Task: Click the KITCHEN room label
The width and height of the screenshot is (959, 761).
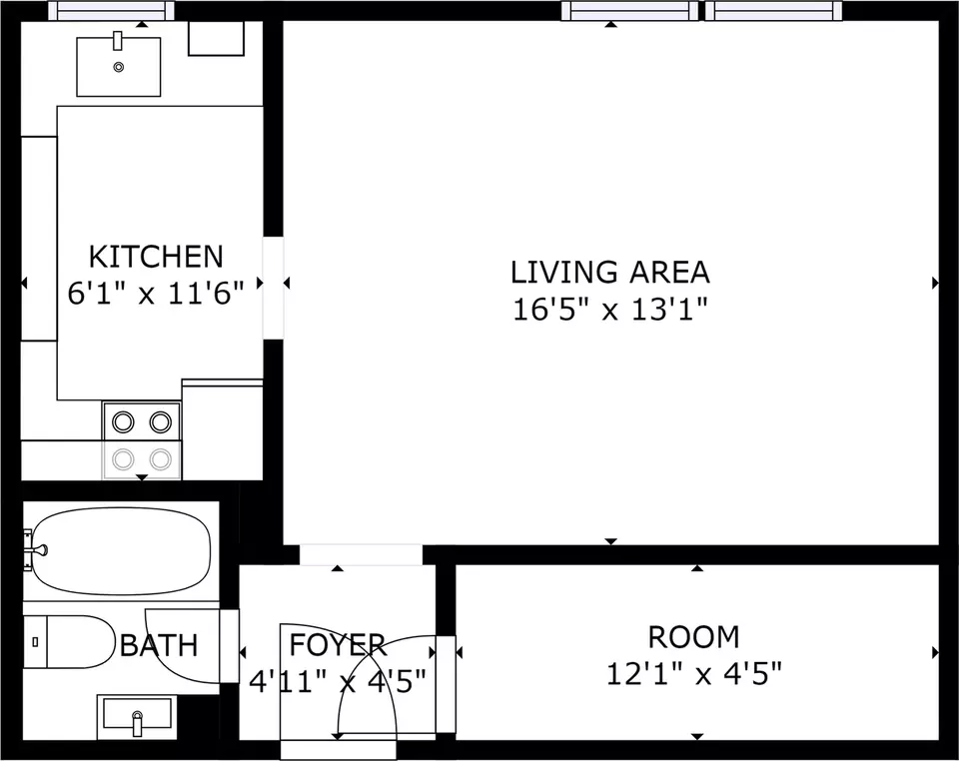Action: [156, 257]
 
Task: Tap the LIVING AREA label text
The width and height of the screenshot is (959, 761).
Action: [610, 273]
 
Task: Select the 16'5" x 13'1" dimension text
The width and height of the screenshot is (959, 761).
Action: [610, 310]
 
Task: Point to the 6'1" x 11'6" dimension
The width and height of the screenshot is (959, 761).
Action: [156, 294]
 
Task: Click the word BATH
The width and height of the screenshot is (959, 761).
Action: [159, 645]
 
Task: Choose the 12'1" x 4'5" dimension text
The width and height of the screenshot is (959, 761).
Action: [694, 675]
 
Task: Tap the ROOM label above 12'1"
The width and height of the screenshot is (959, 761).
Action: [694, 637]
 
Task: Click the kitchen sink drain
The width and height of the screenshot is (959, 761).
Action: [119, 67]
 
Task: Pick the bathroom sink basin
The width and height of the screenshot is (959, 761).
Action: [137, 717]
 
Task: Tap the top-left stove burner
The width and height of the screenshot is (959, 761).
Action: [123, 421]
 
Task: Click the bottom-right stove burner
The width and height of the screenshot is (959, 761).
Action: [161, 459]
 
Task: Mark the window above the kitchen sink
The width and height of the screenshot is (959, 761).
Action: [111, 10]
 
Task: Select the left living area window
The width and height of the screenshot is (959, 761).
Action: [630, 10]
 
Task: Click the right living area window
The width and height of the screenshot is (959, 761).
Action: [773, 10]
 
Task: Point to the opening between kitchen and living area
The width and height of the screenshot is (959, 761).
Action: [274, 288]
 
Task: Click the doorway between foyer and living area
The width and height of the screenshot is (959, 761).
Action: [361, 555]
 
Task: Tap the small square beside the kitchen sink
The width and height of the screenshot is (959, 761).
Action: [216, 39]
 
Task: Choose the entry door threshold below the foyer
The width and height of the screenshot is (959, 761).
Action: [339, 750]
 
